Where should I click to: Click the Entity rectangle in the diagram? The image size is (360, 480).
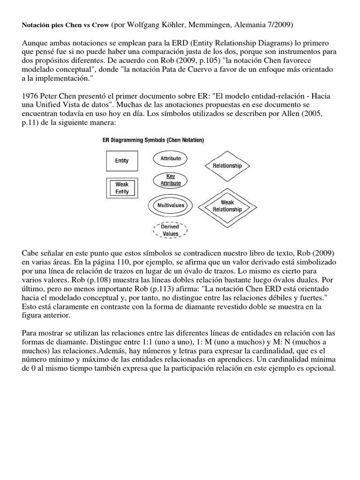(x=122, y=161)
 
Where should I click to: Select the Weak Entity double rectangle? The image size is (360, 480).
(x=122, y=187)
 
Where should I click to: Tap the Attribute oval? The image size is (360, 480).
(x=170, y=158)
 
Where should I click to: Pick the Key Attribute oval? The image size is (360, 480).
(x=170, y=180)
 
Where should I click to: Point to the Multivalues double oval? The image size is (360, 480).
(x=170, y=205)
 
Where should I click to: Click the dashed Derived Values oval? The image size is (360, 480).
(x=170, y=230)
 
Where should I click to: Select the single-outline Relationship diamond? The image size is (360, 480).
(x=227, y=165)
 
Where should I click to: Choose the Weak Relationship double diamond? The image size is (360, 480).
(x=227, y=206)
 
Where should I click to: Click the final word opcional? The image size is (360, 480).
(x=320, y=369)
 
